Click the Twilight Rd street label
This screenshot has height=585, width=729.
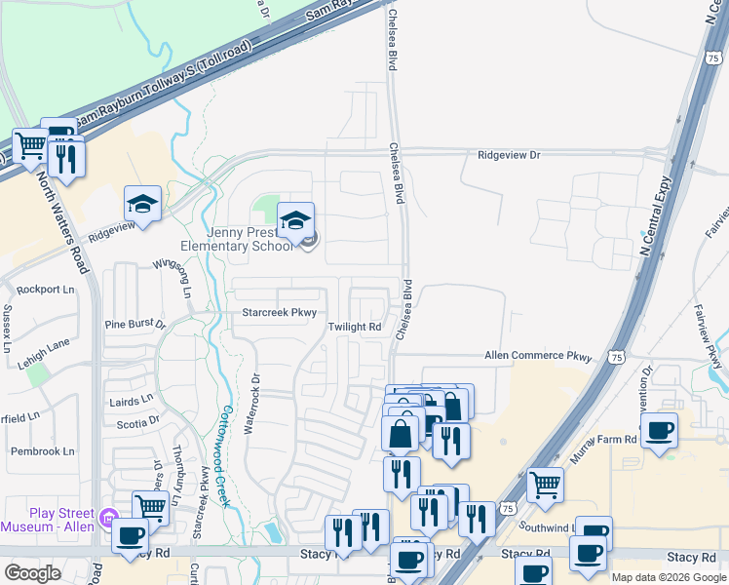click(354, 328)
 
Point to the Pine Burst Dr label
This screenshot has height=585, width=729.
click(135, 324)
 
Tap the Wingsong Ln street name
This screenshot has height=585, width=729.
click(181, 277)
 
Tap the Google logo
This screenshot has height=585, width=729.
click(33, 572)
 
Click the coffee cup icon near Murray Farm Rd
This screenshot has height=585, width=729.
click(659, 429)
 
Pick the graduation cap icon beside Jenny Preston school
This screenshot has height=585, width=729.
click(296, 220)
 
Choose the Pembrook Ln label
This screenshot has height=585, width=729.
click(42, 451)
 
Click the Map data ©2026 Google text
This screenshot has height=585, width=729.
click(668, 577)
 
